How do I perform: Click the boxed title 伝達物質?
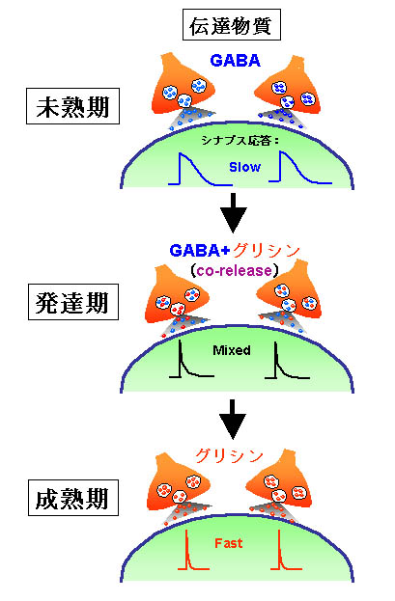[232, 25]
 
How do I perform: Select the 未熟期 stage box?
[73, 106]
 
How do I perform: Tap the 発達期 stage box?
[73, 302]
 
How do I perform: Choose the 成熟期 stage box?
[73, 498]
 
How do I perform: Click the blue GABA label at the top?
[236, 61]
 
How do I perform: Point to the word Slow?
[245, 167]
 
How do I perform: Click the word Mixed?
[232, 350]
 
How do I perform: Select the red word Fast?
[228, 543]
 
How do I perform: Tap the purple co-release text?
[234, 271]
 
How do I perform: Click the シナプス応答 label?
[237, 141]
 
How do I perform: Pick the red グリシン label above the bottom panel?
[229, 455]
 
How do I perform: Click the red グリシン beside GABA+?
[266, 251]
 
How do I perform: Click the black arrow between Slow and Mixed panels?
[233, 213]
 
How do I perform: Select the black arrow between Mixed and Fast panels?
[233, 420]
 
